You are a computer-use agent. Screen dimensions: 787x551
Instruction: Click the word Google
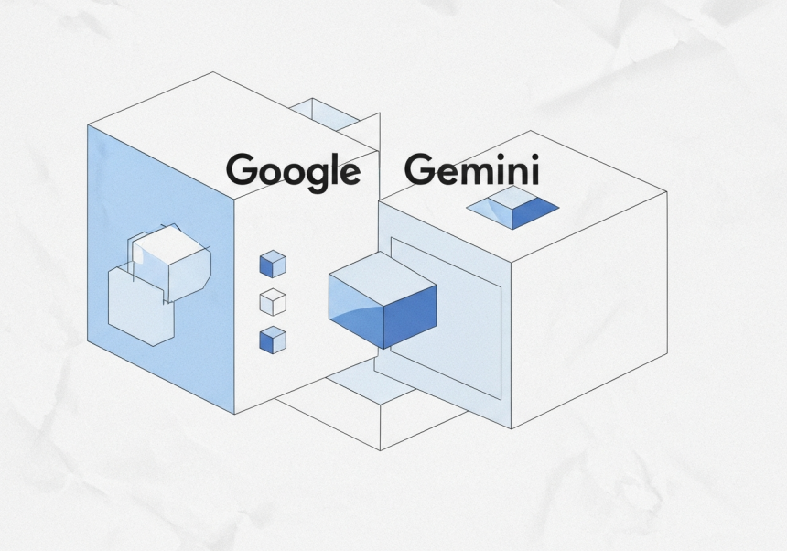tap(293, 172)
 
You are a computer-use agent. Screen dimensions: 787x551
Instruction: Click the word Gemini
tap(472, 169)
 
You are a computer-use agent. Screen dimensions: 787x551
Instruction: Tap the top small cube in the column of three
tap(273, 264)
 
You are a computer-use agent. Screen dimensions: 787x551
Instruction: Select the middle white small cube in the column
tap(273, 302)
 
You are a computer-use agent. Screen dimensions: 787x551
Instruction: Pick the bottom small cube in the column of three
tap(273, 340)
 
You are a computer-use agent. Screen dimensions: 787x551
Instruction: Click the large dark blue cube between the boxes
tap(383, 300)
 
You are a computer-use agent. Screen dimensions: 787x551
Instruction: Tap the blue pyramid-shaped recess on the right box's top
tap(512, 208)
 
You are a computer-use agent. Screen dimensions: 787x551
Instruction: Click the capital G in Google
tap(240, 168)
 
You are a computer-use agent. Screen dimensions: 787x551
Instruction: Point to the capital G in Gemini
tap(418, 169)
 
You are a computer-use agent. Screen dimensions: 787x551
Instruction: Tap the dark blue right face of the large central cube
tap(410, 316)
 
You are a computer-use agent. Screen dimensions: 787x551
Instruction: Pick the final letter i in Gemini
tap(535, 169)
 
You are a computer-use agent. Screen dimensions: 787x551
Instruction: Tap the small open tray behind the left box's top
tap(325, 113)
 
